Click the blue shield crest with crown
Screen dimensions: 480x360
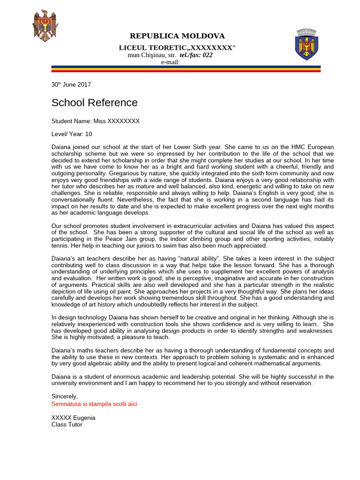pyautogui.click(x=307, y=45)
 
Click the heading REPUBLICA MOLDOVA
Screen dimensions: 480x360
pyautogui.click(x=177, y=36)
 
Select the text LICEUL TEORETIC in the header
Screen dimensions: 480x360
pyautogui.click(x=149, y=48)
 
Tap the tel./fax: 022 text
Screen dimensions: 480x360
pyautogui.click(x=196, y=55)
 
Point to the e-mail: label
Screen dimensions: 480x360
pyautogui.click(x=171, y=62)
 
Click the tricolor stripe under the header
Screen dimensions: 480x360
pyautogui.click(x=186, y=69)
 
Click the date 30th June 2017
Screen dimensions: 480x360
pyautogui.click(x=71, y=85)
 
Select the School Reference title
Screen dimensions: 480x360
pyautogui.click(x=94, y=103)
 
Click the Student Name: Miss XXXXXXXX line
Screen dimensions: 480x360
pyautogui.click(x=95, y=121)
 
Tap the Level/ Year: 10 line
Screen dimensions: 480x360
pyautogui.click(x=72, y=134)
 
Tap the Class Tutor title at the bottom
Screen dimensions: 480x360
pyautogui.click(x=67, y=424)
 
